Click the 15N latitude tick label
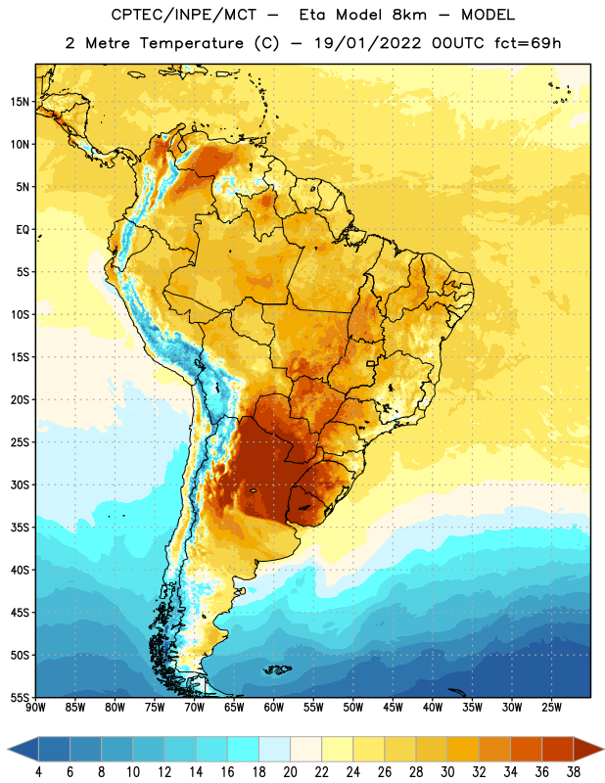[x=20, y=102]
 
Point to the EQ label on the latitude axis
[x=23, y=230]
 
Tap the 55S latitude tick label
[x=20, y=698]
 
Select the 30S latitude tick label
[x=20, y=484]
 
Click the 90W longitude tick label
[x=35, y=708]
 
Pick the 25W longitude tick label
[x=551, y=708]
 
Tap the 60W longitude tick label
[x=274, y=708]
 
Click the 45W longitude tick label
[x=393, y=708]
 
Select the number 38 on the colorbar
[x=574, y=772]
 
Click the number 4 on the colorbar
[x=38, y=772]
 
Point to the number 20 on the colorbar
[x=290, y=772]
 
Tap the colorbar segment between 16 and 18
[x=243, y=750]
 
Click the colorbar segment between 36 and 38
[x=558, y=750]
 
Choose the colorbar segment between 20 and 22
[x=305, y=750]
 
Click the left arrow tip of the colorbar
[x=8, y=750]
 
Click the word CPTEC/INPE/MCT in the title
[x=184, y=15]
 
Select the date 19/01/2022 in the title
[x=368, y=43]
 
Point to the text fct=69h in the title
[x=528, y=43]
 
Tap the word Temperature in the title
[x=191, y=43]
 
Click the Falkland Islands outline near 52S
[x=277, y=669]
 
